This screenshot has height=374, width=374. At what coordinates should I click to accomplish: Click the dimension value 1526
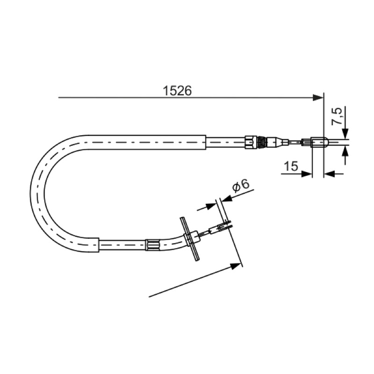177,91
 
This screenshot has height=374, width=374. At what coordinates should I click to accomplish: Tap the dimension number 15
291,166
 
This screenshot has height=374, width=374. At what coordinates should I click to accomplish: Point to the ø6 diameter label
240,185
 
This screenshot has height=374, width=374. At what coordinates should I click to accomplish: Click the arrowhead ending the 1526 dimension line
318,98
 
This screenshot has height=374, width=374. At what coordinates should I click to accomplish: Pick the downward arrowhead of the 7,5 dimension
345,134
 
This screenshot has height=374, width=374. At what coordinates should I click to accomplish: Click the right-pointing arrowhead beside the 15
307,174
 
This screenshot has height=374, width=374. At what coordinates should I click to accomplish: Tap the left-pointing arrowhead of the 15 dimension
330,174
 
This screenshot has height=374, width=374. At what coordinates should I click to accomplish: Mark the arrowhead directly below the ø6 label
227,198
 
